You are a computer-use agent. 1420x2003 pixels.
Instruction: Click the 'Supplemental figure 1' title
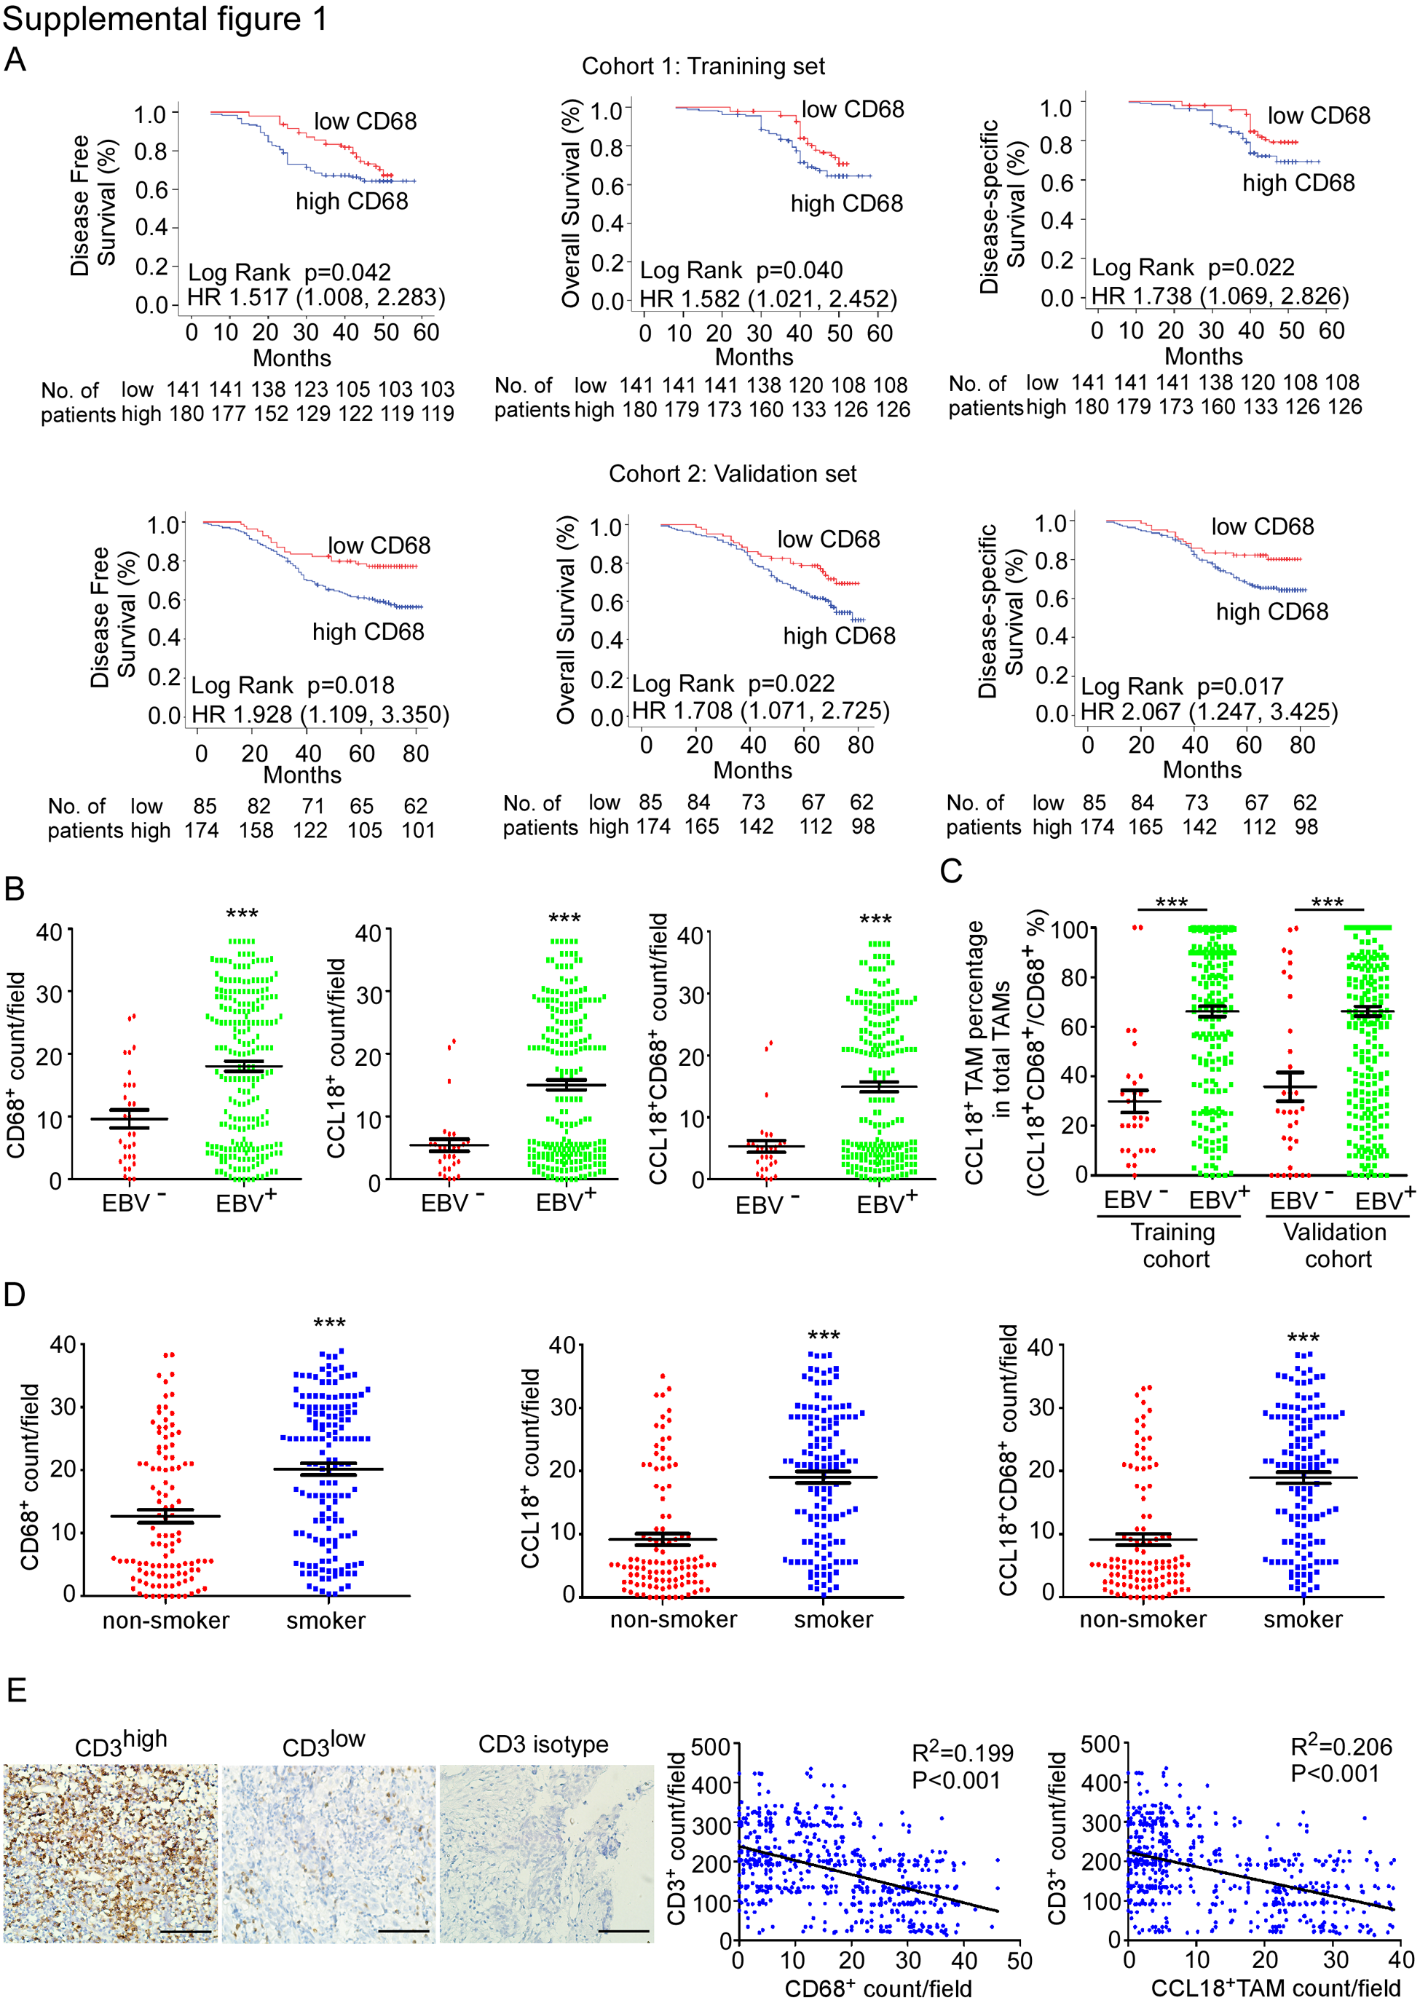[165, 19]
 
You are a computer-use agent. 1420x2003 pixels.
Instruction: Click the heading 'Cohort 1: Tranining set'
[703, 66]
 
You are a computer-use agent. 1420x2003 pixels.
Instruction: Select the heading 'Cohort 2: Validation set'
[732, 474]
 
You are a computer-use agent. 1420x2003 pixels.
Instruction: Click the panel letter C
[950, 871]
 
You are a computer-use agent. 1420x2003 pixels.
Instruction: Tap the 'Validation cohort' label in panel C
[1336, 1245]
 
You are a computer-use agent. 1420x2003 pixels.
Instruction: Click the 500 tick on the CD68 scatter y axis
[710, 1747]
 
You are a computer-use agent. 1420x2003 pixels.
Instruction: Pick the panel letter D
[14, 1295]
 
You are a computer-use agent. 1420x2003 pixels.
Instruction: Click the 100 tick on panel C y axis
[1068, 928]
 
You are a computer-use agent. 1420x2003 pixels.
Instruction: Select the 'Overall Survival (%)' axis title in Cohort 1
[571, 203]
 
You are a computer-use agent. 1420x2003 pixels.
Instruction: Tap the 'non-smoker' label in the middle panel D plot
[674, 1620]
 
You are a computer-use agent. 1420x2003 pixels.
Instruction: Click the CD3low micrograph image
[328, 1854]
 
